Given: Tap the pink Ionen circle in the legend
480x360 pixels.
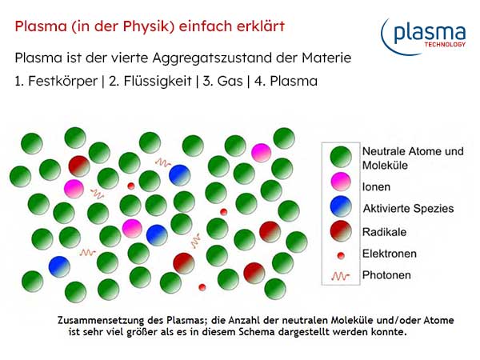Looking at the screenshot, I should (x=342, y=186).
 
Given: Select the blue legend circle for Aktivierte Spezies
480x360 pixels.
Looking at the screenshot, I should (x=342, y=208).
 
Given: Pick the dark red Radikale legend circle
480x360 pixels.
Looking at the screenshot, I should (x=342, y=231).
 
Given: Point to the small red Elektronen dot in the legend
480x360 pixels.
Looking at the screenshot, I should (x=342, y=254).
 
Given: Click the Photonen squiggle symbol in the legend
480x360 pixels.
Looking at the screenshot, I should (x=342, y=275).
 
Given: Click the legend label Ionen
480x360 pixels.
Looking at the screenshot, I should (x=376, y=186).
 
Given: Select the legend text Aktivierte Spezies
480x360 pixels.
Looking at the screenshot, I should (x=407, y=208).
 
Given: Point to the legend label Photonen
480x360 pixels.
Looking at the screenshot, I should (x=386, y=275).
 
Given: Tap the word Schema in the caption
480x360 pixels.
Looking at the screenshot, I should (x=250, y=330).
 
